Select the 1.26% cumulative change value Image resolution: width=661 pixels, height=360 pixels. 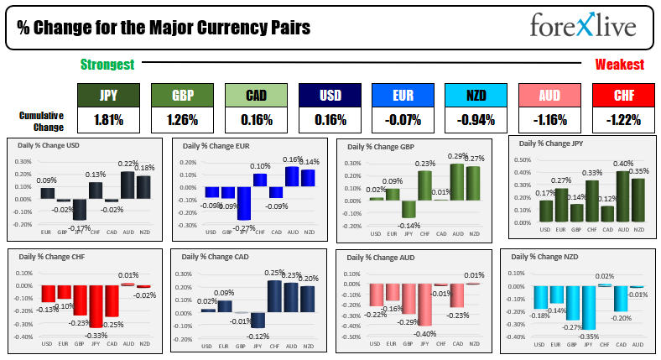click(181, 119)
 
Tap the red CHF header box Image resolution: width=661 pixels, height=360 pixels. click(623, 97)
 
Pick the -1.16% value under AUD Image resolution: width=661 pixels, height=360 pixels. click(549, 119)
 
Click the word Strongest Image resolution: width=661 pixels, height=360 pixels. click(107, 64)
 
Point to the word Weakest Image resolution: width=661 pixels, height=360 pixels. click(619, 64)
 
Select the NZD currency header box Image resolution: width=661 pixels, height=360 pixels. click(476, 97)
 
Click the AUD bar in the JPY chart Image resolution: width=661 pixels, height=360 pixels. click(622, 196)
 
